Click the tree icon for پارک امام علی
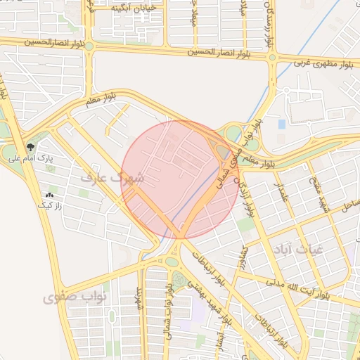point(30,147)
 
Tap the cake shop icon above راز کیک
point(50,195)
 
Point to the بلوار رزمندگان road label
point(266,25)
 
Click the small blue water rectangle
point(282,124)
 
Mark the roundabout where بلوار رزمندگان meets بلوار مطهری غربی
point(272,58)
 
